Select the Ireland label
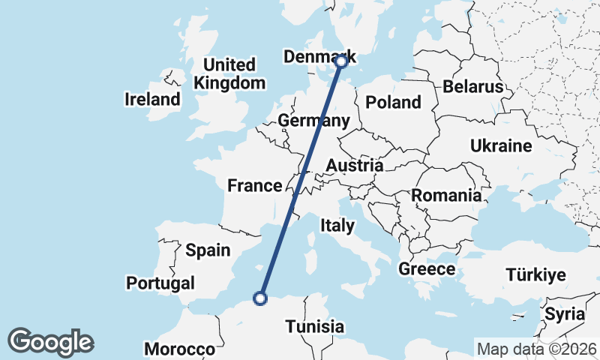[x=153, y=99]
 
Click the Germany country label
[x=313, y=121]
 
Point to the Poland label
[x=393, y=102]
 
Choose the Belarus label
[x=472, y=86]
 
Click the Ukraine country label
[x=501, y=145]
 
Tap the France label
[x=255, y=186]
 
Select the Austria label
[x=355, y=165]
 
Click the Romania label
[x=446, y=196]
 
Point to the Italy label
[x=337, y=225]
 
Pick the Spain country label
[x=208, y=250]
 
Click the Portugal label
[x=160, y=283]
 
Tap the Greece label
[x=427, y=269]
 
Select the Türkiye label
[x=535, y=274]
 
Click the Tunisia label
[x=314, y=327]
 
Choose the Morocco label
[x=180, y=349]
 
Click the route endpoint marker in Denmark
[x=341, y=61]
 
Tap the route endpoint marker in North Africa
[x=260, y=298]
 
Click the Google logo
[x=50, y=342]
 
